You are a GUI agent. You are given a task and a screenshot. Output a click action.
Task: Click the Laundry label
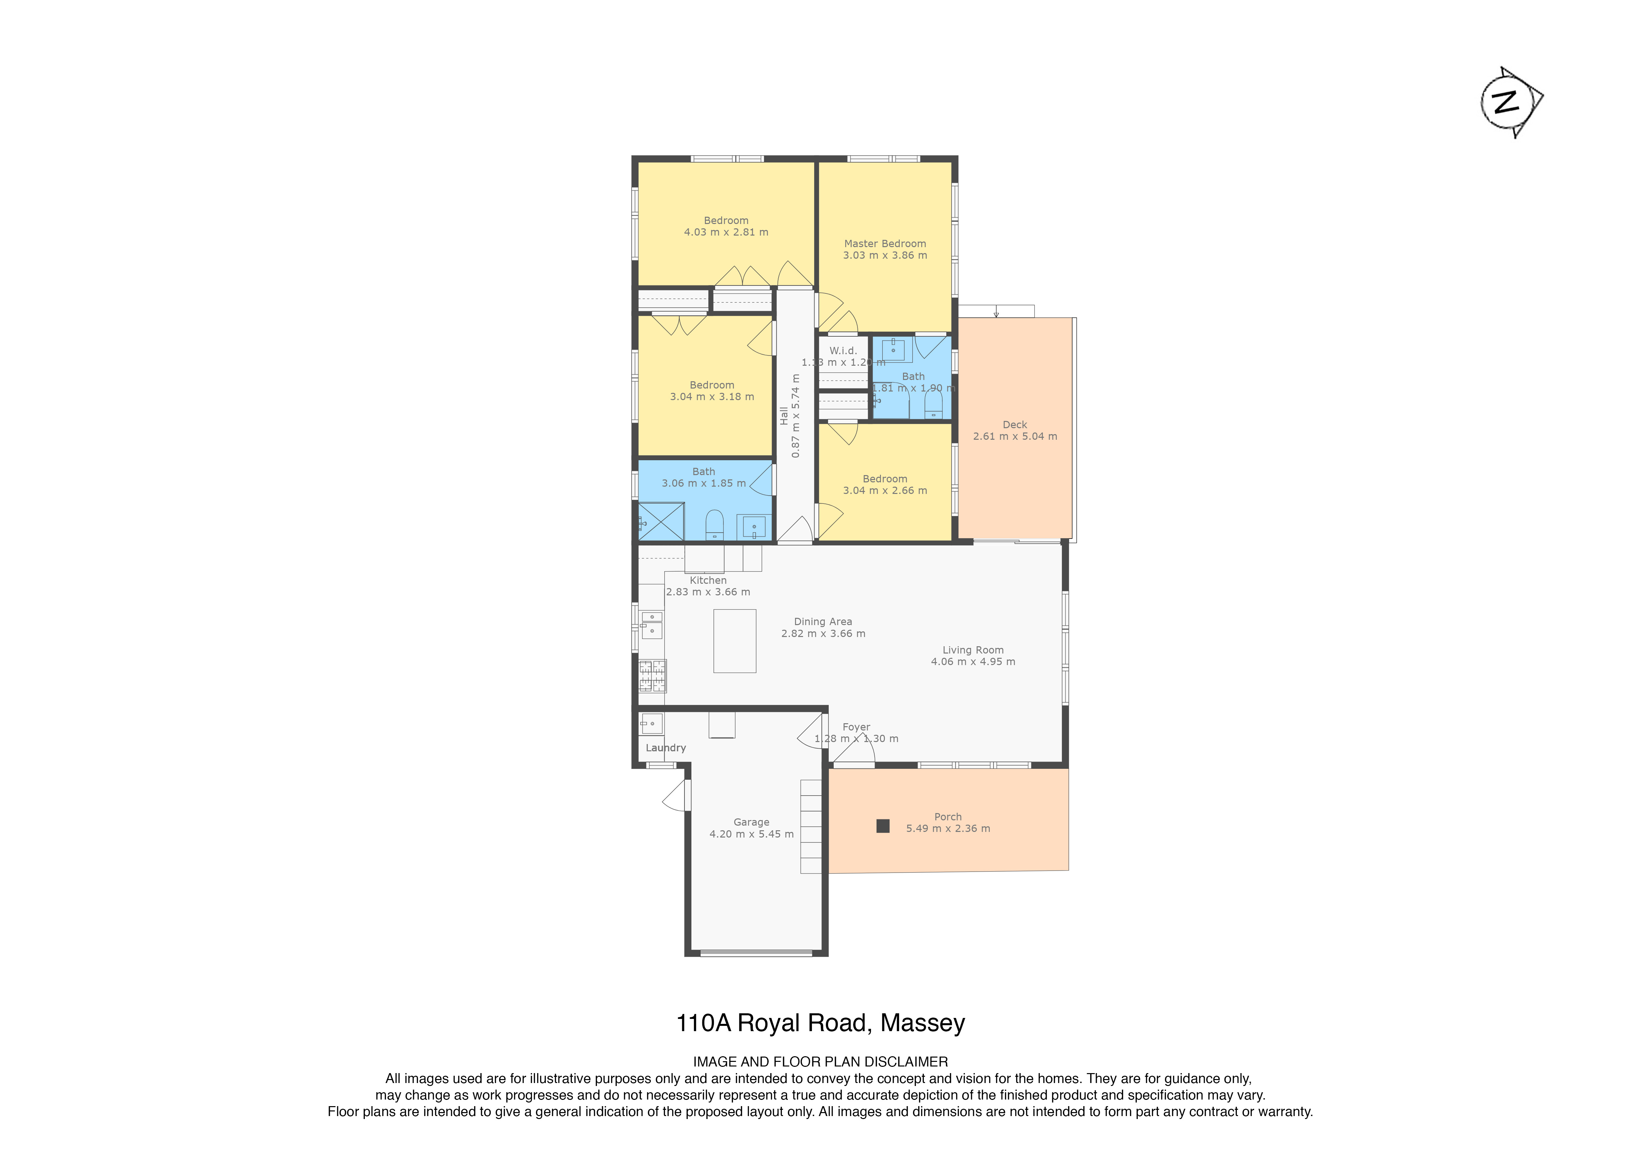(666, 748)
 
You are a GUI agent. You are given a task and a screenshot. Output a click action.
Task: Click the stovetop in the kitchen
(652, 676)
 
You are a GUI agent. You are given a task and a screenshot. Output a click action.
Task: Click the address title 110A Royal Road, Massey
(820, 1023)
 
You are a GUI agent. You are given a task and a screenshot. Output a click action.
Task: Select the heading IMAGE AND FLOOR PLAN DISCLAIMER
(820, 1062)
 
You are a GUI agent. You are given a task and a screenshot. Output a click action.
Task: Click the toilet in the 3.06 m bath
(714, 525)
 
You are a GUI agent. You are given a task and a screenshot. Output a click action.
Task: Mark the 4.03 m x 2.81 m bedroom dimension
(726, 232)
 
